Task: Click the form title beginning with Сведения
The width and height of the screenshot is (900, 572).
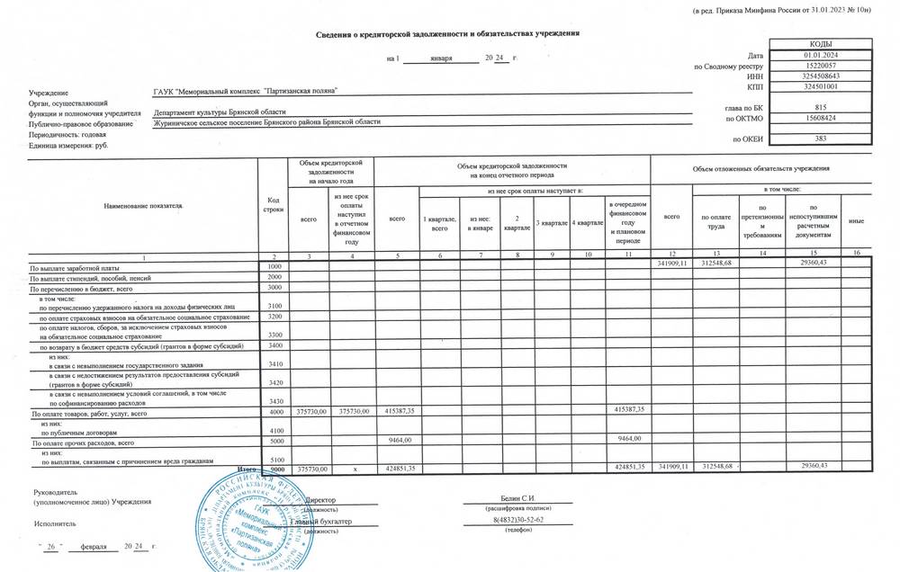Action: pos(447,33)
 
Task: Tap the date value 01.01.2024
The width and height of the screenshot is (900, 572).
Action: pos(820,56)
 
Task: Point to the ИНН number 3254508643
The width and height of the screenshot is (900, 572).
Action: pos(820,76)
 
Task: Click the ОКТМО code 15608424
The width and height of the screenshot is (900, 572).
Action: pos(820,118)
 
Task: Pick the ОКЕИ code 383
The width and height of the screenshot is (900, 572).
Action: pos(820,139)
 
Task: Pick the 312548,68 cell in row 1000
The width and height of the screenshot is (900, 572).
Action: pos(715,263)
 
